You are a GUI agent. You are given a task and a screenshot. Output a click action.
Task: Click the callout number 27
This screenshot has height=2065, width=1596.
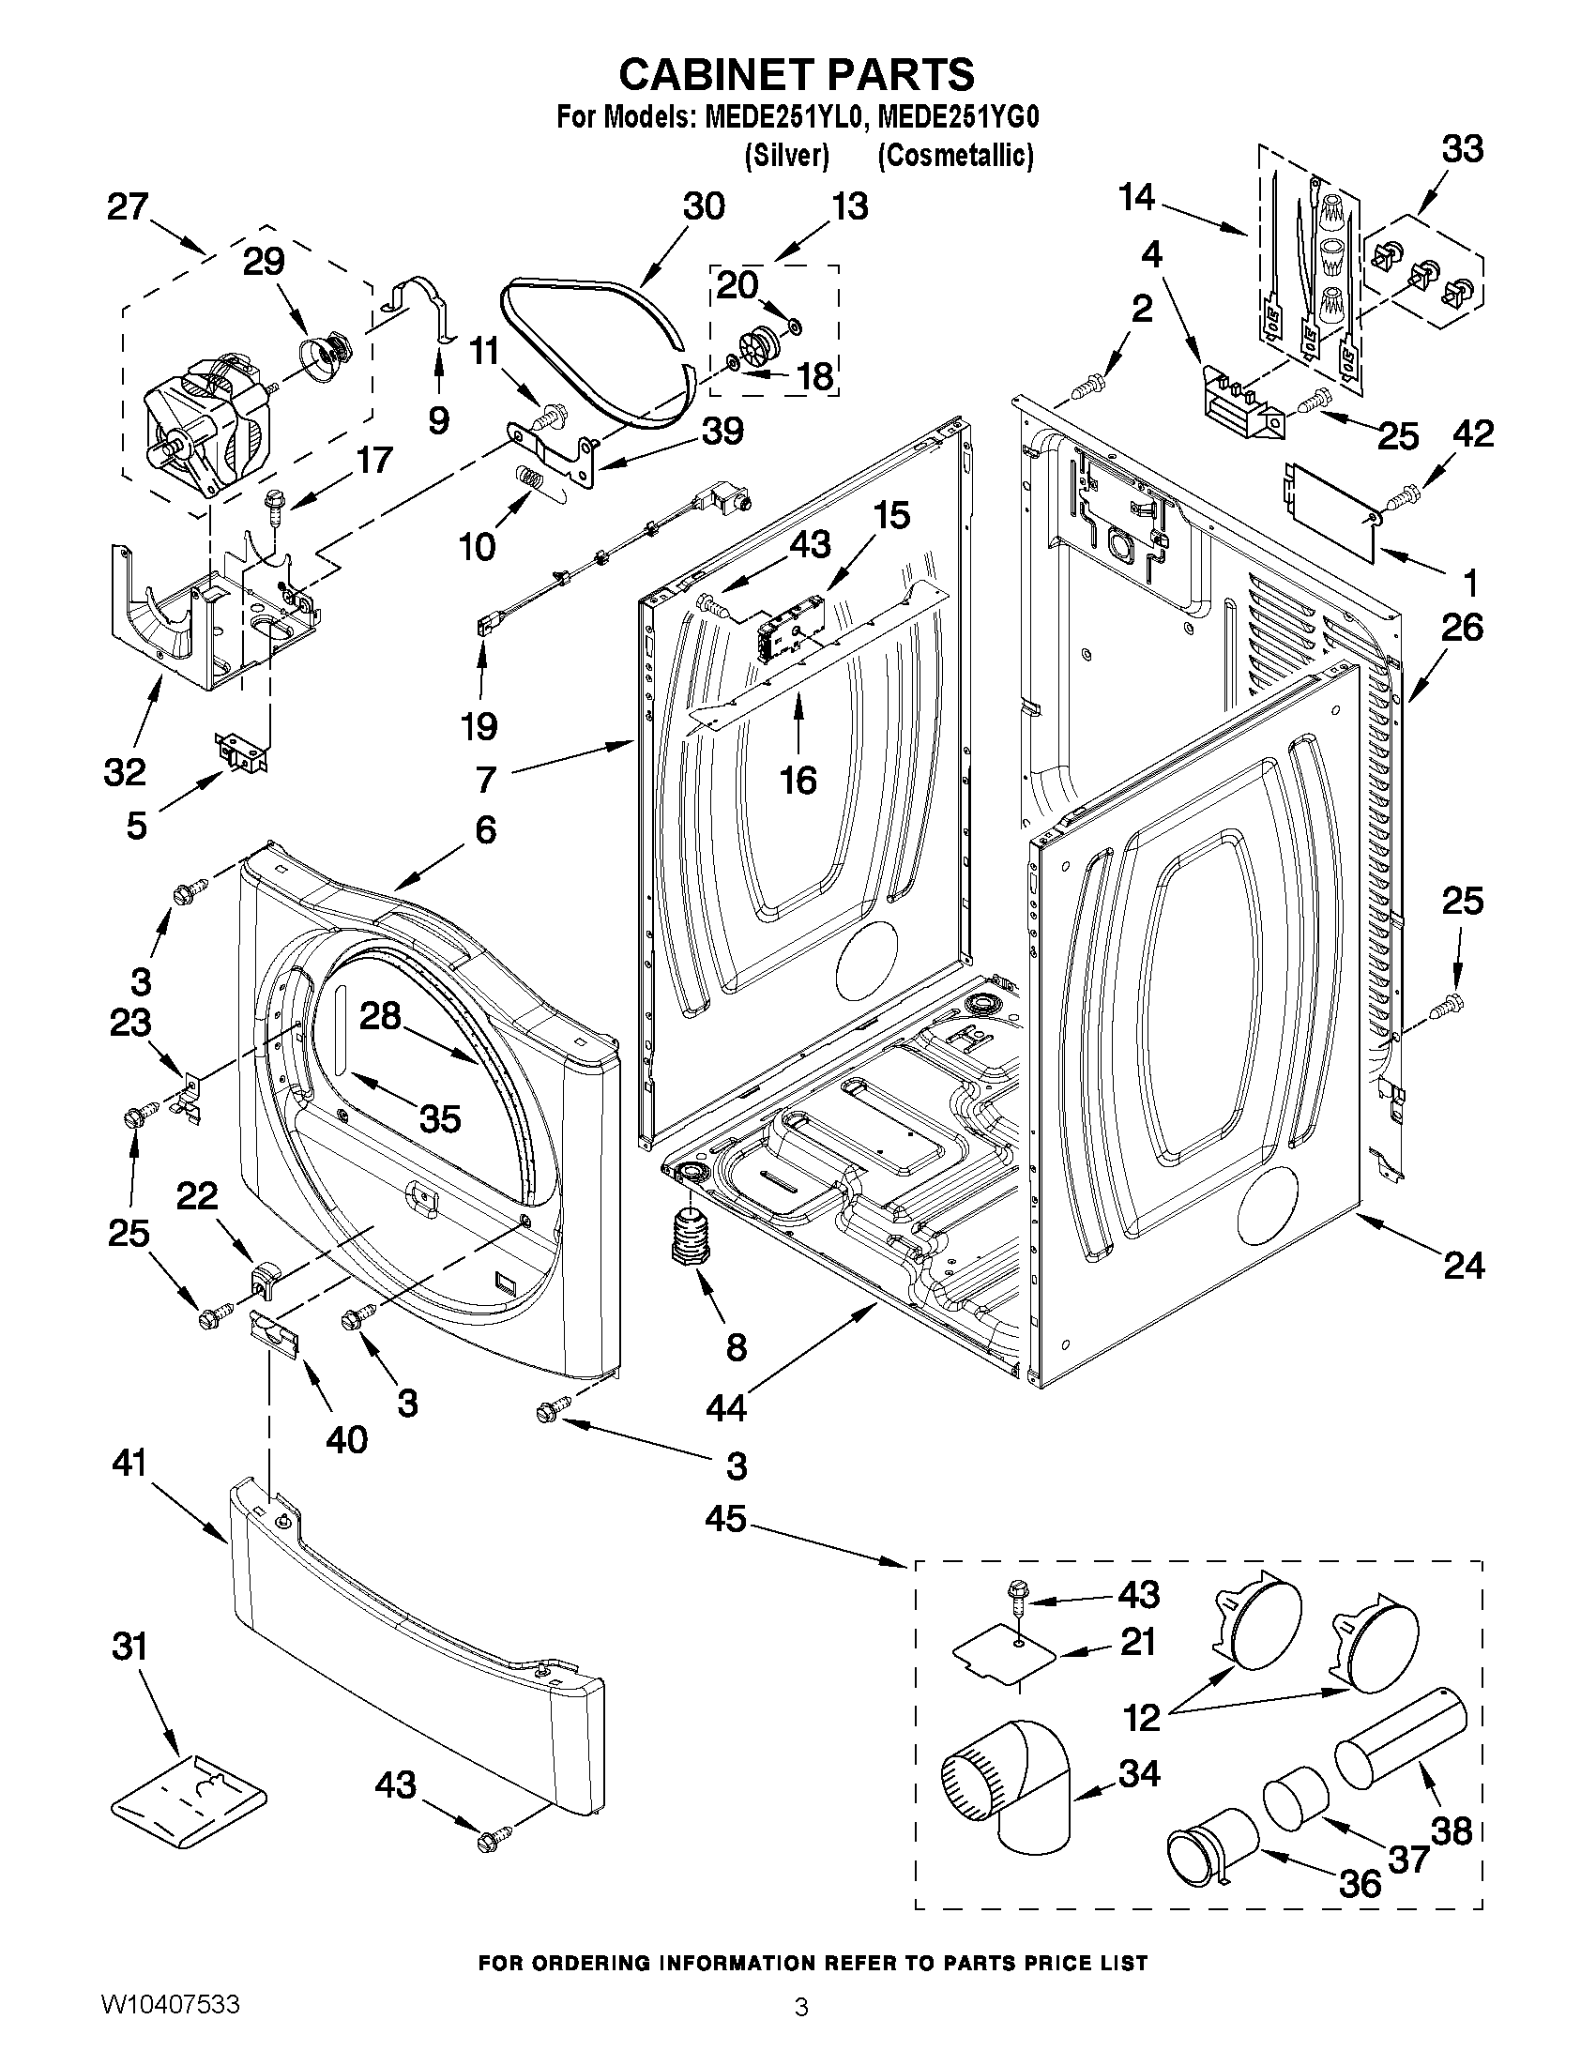(x=128, y=207)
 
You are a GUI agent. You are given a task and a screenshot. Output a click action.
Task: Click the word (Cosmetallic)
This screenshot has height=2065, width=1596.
(x=955, y=155)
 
